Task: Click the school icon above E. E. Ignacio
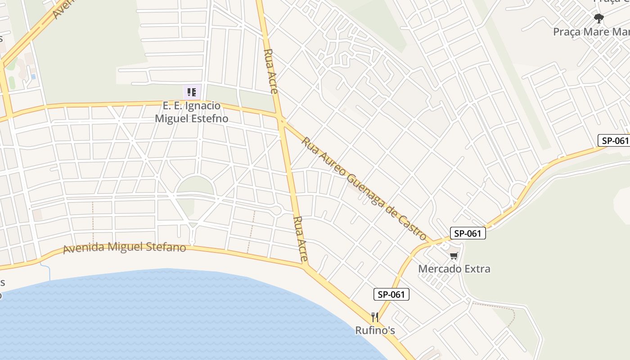pyautogui.click(x=192, y=92)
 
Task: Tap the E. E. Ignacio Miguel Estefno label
pyautogui.click(x=192, y=112)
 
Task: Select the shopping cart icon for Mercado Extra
pyautogui.click(x=454, y=256)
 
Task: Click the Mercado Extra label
pyautogui.click(x=454, y=269)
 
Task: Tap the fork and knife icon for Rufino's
pyautogui.click(x=375, y=317)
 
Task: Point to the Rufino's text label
pyautogui.click(x=375, y=330)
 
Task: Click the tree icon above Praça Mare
pyautogui.click(x=598, y=18)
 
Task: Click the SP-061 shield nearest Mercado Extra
pyautogui.click(x=468, y=233)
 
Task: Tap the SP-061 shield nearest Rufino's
pyautogui.click(x=391, y=295)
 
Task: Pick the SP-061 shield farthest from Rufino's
pyautogui.click(x=614, y=140)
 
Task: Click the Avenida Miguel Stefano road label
pyautogui.click(x=125, y=247)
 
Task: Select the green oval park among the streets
pyautogui.click(x=195, y=186)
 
